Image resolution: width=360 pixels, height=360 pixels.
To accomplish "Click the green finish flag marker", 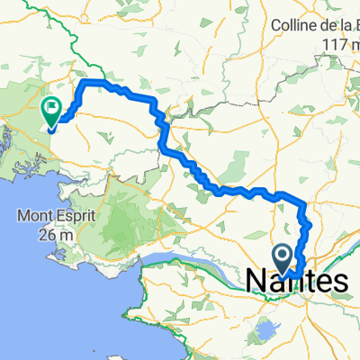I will [x=50, y=111].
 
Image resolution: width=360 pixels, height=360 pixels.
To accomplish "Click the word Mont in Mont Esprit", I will [x=32, y=217].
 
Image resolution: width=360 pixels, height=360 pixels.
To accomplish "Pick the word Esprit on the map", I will [x=70, y=217].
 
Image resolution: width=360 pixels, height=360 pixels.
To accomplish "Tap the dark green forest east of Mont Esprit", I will [x=126, y=216].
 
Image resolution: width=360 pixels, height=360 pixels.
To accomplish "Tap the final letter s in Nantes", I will [x=338, y=281].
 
